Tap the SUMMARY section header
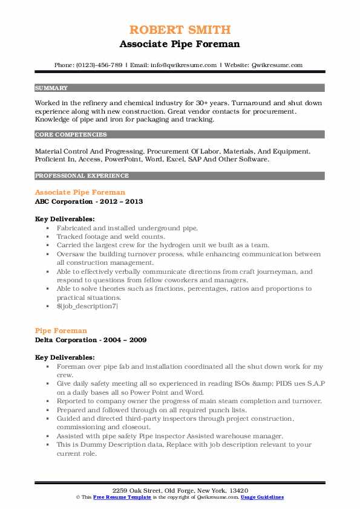(51, 88)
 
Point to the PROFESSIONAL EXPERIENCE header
(82, 176)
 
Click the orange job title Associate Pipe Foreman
(80, 192)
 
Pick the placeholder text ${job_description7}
(88, 306)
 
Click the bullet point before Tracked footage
(48, 237)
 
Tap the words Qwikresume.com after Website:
(276, 65)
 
